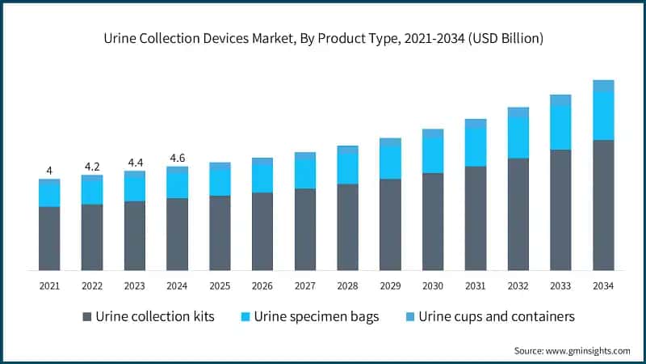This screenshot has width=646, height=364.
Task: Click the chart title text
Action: point(323,38)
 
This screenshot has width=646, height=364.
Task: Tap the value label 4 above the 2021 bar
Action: point(49,171)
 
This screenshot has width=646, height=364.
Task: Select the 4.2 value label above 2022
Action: point(92,167)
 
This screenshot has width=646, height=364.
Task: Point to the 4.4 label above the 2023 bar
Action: point(135,163)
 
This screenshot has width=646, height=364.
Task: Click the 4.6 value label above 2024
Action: point(178,158)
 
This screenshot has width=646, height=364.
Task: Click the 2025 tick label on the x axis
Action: point(220,286)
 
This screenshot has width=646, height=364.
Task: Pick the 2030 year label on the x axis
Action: point(433,286)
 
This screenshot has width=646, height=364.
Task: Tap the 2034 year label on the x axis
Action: point(603,286)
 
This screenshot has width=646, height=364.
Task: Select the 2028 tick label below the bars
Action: point(347,286)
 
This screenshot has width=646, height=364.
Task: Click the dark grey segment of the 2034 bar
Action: point(603,205)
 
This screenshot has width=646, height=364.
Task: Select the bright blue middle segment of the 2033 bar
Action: point(560,128)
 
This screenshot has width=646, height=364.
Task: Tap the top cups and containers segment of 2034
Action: point(603,86)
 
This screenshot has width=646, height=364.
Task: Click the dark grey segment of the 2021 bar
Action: point(49,239)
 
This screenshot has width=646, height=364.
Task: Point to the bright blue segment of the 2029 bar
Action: point(390,163)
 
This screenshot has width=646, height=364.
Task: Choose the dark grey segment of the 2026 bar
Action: point(262,231)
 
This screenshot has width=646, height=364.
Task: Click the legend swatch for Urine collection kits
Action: point(86,316)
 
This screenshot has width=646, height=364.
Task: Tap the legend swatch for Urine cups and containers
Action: point(409,316)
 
